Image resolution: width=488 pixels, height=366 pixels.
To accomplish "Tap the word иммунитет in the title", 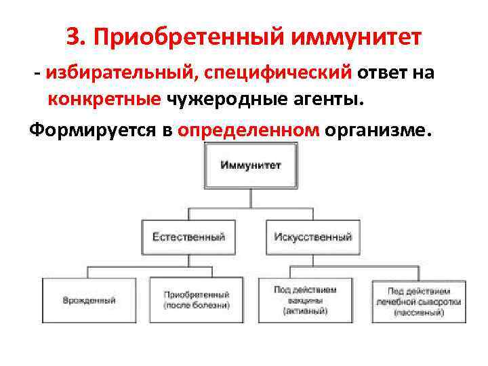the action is pos(355,37).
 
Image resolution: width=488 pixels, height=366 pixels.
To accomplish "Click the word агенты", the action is pos(328,100).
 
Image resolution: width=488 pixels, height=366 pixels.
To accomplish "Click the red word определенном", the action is pos(248,129).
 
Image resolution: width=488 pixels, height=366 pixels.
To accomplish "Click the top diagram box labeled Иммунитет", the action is pos(251,167).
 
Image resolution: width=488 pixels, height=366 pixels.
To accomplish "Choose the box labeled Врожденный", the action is pos(89,300).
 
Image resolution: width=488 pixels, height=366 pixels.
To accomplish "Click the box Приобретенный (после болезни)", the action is pos(197,300).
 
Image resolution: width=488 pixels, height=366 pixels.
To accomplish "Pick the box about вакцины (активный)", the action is pos(306,300).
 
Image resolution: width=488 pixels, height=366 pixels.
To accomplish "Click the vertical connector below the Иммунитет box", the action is pos(251,199).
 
